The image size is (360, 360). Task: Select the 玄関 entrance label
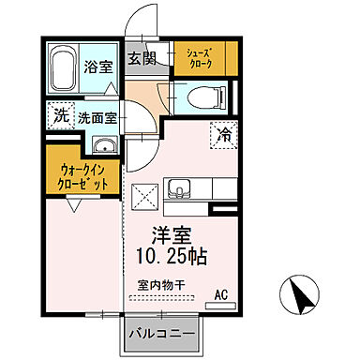point(142,58)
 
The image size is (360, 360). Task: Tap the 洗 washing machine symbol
point(60,117)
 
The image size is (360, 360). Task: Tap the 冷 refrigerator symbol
point(225,133)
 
